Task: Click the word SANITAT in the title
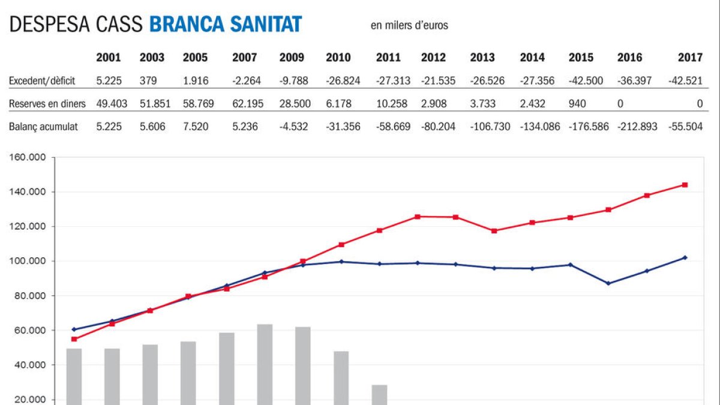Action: point(264,25)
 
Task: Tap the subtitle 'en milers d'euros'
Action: point(409,26)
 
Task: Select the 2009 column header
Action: point(292,58)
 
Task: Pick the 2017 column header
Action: point(690,58)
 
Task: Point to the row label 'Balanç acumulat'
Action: point(43,127)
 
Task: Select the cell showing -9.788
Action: point(295,80)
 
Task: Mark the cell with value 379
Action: point(148,80)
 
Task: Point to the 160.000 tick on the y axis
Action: point(29,158)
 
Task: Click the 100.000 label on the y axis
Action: point(29,262)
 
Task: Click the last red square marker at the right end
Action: point(685,185)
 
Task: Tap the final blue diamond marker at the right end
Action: point(685,258)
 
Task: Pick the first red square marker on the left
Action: point(74,339)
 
